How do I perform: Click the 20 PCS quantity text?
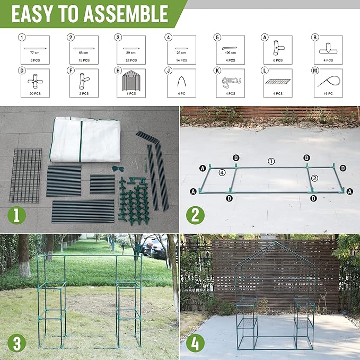36,93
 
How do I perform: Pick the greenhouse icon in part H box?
131,81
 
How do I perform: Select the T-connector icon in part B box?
328,48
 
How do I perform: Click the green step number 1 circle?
17,215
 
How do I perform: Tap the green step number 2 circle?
196,216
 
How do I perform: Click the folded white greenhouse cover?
85,139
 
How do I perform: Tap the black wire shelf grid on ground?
25,175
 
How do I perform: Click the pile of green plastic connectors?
133,201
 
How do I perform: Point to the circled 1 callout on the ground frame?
271,161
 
